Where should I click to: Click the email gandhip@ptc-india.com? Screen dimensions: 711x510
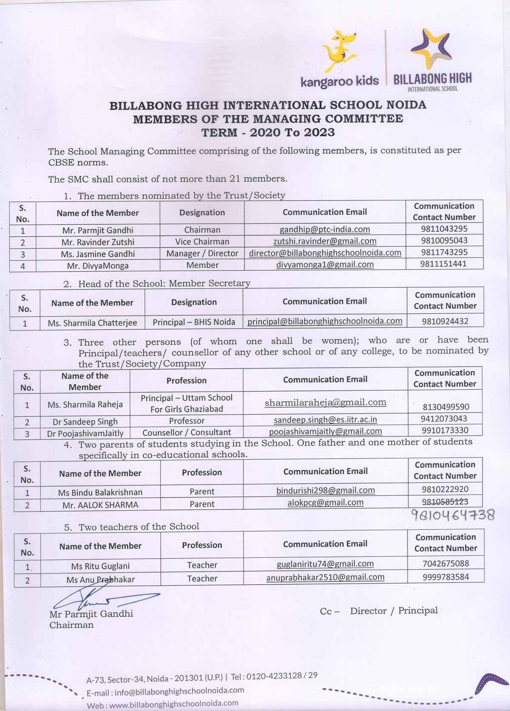pos(325,230)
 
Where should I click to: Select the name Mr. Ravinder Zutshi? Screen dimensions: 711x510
pos(98,242)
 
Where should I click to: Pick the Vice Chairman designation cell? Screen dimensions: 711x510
pos(202,242)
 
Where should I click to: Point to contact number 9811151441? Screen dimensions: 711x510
pos(444,264)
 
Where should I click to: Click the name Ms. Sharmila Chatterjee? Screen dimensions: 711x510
pos(92,323)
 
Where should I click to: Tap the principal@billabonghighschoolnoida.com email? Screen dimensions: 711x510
pos(325,321)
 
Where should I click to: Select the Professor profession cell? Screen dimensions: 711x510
pos(187,421)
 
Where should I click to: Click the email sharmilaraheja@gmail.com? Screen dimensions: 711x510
pos(325,402)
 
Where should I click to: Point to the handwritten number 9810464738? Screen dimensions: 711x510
pos(453,515)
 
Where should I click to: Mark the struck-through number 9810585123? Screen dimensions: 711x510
pos(445,501)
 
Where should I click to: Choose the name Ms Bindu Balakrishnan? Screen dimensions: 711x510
pos(100,492)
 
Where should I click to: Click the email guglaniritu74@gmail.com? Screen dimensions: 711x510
pos(325,564)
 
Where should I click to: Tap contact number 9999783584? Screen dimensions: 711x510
pos(445,577)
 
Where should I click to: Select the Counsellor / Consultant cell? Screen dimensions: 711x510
pos(187,433)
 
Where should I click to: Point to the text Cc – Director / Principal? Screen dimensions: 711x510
pos(379,611)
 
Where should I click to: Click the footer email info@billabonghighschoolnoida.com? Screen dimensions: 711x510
pos(179,691)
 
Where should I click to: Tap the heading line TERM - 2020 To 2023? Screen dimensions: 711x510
pos(268,132)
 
